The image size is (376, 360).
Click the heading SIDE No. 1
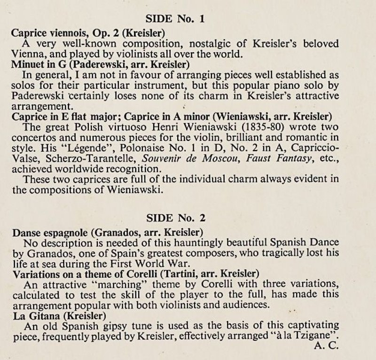click(x=175, y=19)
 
